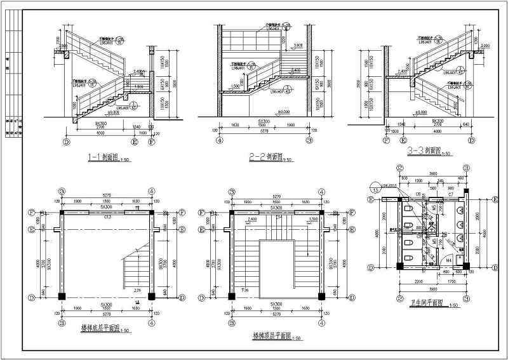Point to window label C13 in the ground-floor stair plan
coord(107,217)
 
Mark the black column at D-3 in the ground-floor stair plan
coord(62,296)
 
